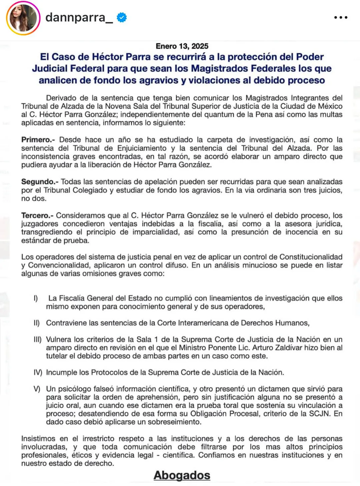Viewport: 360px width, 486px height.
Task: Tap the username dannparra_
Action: pyautogui.click(x=79, y=17)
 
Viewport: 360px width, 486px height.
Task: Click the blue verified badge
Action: pyautogui.click(x=122, y=17)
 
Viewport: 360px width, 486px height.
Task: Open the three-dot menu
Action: pyautogui.click(x=341, y=17)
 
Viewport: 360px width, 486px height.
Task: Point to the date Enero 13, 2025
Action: pyautogui.click(x=182, y=46)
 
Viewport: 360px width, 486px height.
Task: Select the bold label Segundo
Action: pyautogui.click(x=40, y=182)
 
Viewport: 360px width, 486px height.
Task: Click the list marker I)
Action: pyautogui.click(x=36, y=298)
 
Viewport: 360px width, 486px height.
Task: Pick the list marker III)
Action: pyautogui.click(x=37, y=340)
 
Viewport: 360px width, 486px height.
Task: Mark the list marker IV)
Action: pyautogui.click(x=38, y=373)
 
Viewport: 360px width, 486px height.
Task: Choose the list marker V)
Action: pyautogui.click(x=37, y=389)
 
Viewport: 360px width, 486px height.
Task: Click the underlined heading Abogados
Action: pyautogui.click(x=182, y=475)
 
